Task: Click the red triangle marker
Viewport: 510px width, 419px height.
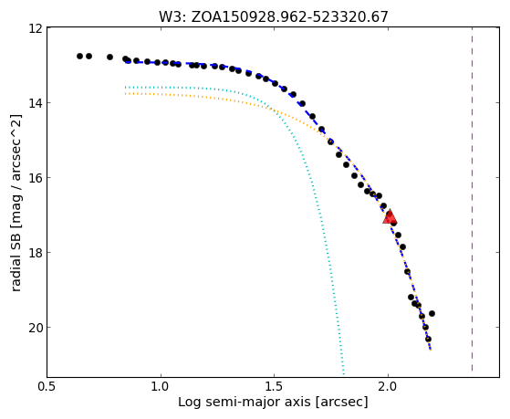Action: click(x=390, y=217)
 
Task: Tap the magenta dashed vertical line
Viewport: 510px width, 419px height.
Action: click(x=472, y=199)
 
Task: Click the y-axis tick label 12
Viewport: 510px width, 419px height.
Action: click(x=36, y=28)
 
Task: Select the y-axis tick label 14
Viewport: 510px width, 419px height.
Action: click(x=36, y=103)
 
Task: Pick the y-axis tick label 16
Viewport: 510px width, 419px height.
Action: click(x=36, y=178)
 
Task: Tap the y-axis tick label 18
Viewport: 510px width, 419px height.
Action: click(x=36, y=253)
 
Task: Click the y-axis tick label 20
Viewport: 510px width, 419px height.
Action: click(x=36, y=327)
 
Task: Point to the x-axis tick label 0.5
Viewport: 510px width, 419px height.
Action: click(x=47, y=386)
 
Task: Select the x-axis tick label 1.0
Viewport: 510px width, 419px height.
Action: click(x=161, y=386)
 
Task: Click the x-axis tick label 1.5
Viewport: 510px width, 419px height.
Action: click(x=275, y=386)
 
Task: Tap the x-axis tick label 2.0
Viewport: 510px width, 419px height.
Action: click(x=388, y=386)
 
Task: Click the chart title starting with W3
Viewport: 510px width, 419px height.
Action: click(x=273, y=16)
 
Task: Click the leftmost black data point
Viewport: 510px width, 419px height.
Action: click(x=79, y=56)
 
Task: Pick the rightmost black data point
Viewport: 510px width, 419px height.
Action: click(x=432, y=313)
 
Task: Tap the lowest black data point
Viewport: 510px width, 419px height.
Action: click(x=429, y=339)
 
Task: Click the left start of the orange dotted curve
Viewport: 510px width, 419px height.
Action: click(x=126, y=94)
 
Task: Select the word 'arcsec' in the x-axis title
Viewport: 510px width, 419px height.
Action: click(x=341, y=403)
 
